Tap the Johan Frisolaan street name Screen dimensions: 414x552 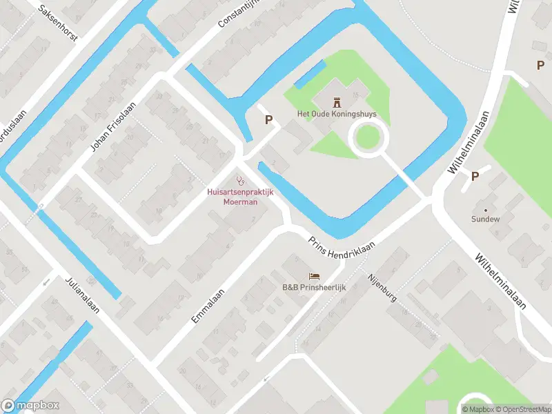pos(112,127)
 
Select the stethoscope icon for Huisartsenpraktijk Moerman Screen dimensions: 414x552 pos(239,181)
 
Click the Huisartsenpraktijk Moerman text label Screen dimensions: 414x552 pos(240,197)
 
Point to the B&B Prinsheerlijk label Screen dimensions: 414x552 pos(314,287)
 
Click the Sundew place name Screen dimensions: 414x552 pos(485,219)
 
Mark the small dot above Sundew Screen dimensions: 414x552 pos(485,209)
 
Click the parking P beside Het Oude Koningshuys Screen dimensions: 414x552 pos(269,120)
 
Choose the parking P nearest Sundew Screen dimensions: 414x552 pos(475,176)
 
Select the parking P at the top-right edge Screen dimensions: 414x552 pos(541,65)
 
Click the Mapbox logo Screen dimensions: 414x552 pos(30,406)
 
